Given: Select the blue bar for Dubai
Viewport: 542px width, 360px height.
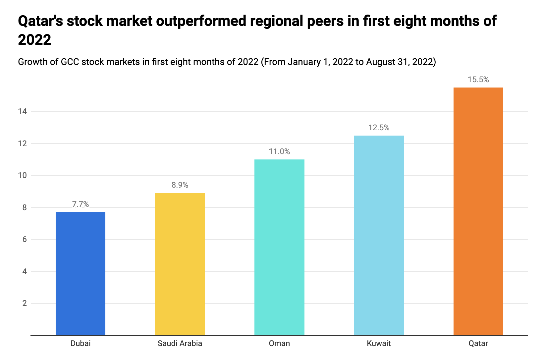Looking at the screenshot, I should coord(81,273).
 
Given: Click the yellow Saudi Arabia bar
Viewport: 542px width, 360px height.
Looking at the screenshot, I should coord(180,264).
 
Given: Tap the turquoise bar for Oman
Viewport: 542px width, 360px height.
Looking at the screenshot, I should coord(279,247).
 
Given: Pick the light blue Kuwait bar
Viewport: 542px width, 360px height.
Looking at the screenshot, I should coord(379,235).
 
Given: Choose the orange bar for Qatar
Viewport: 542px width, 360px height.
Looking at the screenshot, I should coord(478,211).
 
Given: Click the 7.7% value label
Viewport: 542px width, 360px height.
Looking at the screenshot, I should coord(81,204).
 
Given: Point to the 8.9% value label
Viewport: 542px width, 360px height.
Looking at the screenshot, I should coord(180,185).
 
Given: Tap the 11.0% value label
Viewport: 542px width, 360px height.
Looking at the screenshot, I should coord(279,151).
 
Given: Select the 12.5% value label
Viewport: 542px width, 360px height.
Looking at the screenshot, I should coord(379,128).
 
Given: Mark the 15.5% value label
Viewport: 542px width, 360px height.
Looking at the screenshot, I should coord(478,80).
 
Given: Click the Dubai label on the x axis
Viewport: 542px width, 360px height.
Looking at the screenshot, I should coord(81,343).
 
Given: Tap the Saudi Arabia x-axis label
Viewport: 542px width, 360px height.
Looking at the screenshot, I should coord(180,343).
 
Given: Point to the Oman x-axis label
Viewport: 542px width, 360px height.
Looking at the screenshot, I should coord(279,343).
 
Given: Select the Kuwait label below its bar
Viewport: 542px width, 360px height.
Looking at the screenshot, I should coord(379,343).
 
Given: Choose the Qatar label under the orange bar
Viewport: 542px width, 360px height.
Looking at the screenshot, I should coord(478,343).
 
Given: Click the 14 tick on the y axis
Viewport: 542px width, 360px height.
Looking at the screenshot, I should coord(23,111).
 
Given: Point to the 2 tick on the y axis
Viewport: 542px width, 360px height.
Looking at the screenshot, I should coord(25,303).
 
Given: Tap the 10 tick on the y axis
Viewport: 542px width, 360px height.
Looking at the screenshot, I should coord(23,175).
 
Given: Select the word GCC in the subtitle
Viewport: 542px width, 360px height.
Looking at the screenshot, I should coord(70,62).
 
